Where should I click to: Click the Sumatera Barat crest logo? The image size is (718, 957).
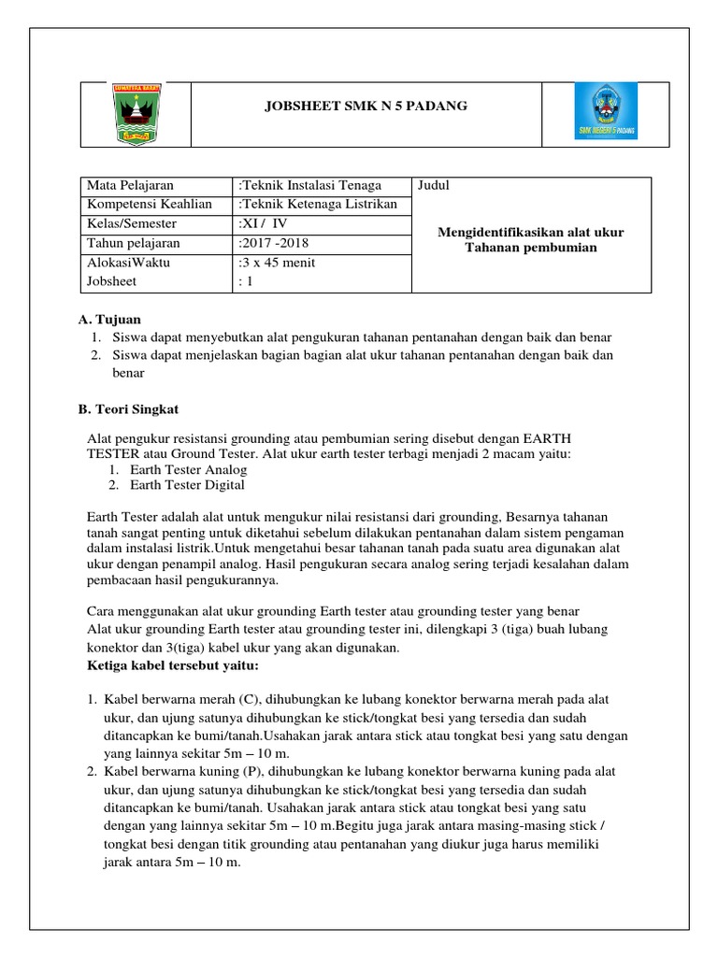[x=136, y=113]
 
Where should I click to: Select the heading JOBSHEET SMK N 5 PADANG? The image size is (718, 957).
[x=366, y=107]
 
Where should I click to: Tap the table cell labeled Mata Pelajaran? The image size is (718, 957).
[x=130, y=185]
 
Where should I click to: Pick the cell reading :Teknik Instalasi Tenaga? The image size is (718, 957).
[x=310, y=185]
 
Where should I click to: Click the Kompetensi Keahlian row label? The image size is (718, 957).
[x=149, y=204]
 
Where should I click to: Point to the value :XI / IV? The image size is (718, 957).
[x=266, y=223]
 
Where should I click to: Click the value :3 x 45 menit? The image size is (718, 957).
[x=278, y=263]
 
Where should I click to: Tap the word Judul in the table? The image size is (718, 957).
[x=433, y=185]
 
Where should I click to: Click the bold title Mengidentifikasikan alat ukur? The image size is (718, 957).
[x=530, y=232]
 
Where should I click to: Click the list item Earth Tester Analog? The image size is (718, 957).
[x=189, y=469]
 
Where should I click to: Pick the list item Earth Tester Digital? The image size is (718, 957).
[x=187, y=485]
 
